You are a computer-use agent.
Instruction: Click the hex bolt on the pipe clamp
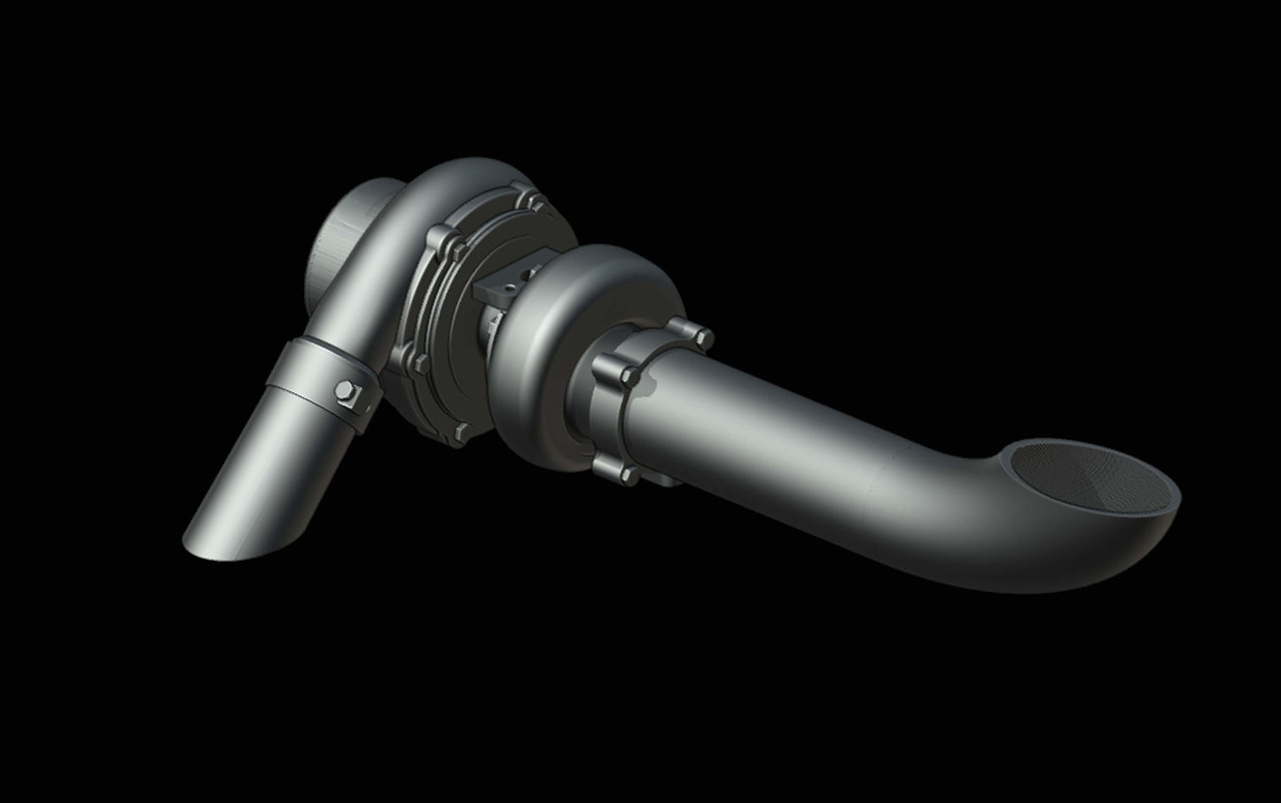344,391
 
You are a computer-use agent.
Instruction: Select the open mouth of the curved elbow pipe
1090,479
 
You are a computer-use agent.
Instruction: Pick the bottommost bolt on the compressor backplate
459,432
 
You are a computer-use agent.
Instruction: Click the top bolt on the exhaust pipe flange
704,338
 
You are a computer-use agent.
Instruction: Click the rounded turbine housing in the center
567,319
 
